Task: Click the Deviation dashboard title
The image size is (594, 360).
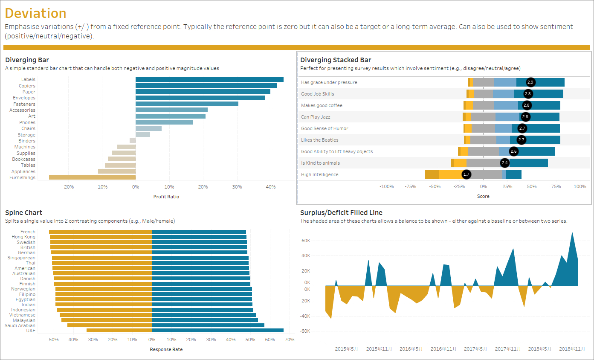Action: click(36, 13)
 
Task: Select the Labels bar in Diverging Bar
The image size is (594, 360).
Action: click(209, 79)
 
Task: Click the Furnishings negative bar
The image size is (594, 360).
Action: click(92, 177)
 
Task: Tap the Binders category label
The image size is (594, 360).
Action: click(27, 141)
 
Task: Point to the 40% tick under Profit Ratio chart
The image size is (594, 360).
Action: click(270, 187)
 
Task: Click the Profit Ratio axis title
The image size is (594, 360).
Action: click(166, 197)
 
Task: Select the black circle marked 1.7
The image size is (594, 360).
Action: click(467, 174)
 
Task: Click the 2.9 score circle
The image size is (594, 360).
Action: click(530, 82)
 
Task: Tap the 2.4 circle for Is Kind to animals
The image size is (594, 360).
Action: click(505, 163)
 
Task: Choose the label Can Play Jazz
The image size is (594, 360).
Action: click(316, 117)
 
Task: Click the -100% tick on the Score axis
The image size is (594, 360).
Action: click(386, 186)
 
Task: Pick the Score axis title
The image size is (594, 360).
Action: click(483, 197)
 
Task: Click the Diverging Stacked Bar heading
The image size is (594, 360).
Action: click(336, 60)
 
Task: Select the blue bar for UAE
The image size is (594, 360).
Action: click(217, 331)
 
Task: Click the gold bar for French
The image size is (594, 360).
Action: click(100, 232)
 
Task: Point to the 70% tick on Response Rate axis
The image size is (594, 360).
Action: click(289, 340)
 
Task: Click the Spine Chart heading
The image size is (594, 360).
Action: click(24, 212)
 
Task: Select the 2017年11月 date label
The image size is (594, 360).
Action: click(507, 349)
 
